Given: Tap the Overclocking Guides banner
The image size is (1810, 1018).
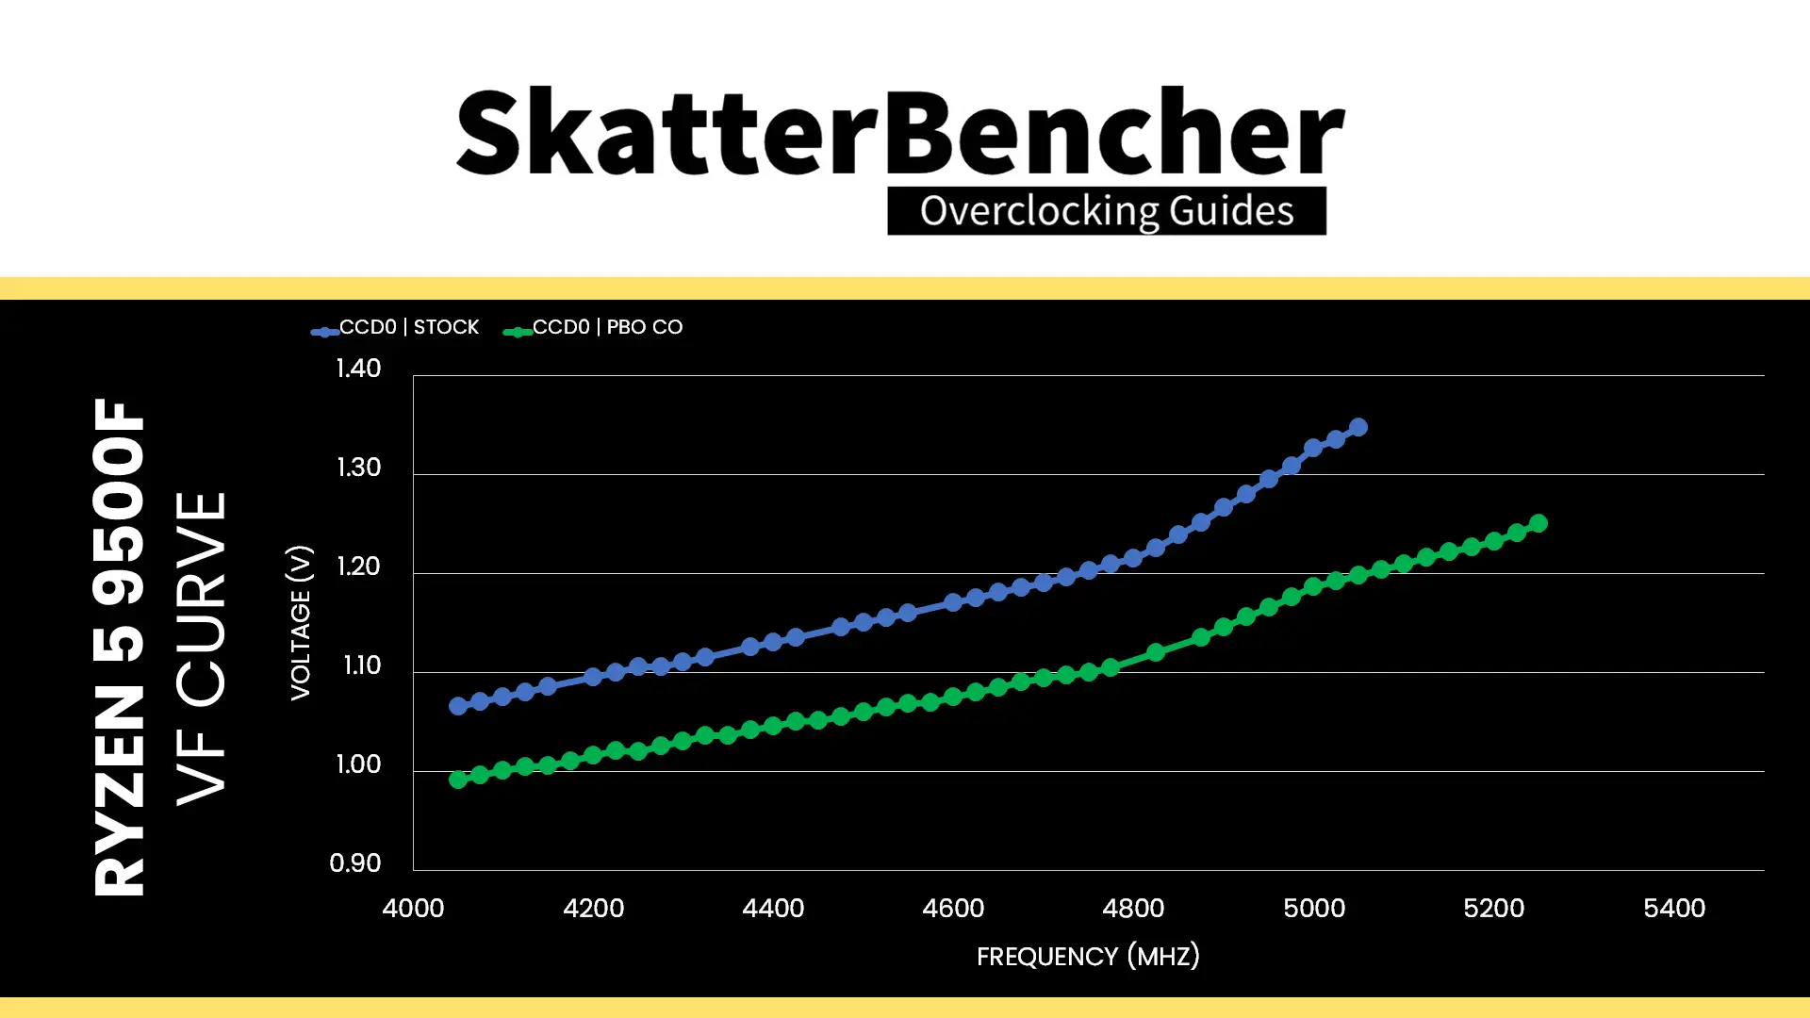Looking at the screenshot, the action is pyautogui.click(x=1107, y=211).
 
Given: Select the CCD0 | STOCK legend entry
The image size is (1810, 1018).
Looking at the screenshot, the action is pyautogui.click(x=396, y=328).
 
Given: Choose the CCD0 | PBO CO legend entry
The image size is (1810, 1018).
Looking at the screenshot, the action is pyautogui.click(x=593, y=328).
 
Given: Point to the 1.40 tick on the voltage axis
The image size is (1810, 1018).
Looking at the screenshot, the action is pyautogui.click(x=358, y=369).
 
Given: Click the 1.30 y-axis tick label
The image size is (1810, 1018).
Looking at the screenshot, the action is pyautogui.click(x=358, y=468).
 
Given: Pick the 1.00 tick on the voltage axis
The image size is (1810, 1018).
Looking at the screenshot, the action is pyautogui.click(x=358, y=764).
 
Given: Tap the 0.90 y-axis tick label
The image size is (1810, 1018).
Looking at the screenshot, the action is pyautogui.click(x=355, y=863).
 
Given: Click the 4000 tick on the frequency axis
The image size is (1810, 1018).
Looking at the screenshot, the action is pyautogui.click(x=413, y=909).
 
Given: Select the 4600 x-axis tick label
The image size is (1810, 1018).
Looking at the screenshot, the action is pyautogui.click(x=953, y=909).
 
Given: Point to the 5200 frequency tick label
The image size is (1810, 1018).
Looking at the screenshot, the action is pyautogui.click(x=1493, y=909).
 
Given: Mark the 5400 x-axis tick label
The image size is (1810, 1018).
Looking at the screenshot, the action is pyautogui.click(x=1674, y=909).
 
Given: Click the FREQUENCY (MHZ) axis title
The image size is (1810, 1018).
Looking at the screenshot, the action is pyautogui.click(x=1088, y=957).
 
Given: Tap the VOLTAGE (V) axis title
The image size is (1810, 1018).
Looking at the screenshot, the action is pyautogui.click(x=300, y=622).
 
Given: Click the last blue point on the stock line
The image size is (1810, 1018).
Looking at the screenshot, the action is pyautogui.click(x=1358, y=427).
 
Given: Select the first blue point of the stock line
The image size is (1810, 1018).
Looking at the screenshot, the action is pyautogui.click(x=458, y=706).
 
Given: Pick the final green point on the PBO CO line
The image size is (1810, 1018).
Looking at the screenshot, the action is pyautogui.click(x=1538, y=523).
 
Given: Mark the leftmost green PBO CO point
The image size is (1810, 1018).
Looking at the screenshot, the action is pyautogui.click(x=458, y=780).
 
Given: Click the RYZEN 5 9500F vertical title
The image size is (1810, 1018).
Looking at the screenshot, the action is pyautogui.click(x=119, y=647).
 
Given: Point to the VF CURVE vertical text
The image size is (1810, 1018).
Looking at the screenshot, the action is pyautogui.click(x=202, y=649).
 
